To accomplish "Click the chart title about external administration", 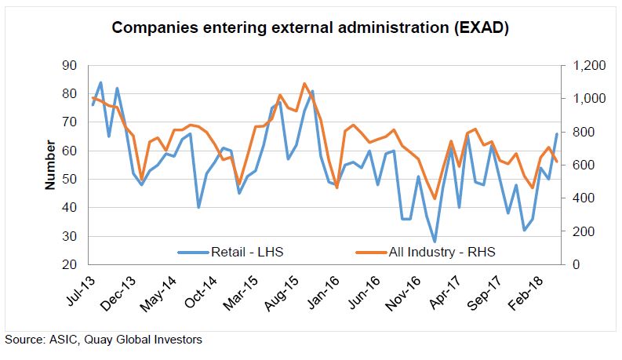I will pyautogui.click(x=310, y=29).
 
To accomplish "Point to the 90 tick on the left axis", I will pyautogui.click(x=69, y=65).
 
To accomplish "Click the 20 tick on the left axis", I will pyautogui.click(x=69, y=265).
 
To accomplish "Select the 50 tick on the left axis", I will pyautogui.click(x=69, y=180).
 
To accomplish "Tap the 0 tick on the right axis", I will pyautogui.click(x=571, y=265).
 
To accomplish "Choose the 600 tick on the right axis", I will pyautogui.click(x=577, y=165).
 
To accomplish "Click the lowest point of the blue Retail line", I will pyautogui.click(x=435, y=242).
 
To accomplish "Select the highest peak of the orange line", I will pyautogui.click(x=304, y=83).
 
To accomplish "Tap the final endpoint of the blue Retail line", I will pyautogui.click(x=557, y=134).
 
